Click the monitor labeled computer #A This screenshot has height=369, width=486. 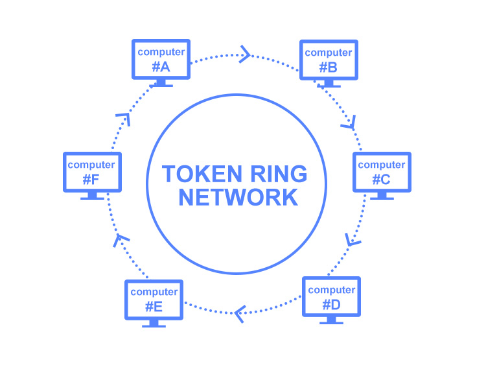click(161, 59)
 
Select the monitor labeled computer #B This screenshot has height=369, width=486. click(329, 60)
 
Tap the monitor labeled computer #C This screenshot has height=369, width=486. click(382, 172)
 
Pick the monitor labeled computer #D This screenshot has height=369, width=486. click(331, 296)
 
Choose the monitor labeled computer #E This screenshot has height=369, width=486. click(154, 299)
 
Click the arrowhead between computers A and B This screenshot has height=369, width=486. click(245, 54)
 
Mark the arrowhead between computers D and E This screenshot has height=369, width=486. click(240, 314)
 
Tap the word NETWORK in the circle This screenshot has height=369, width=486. click(238, 197)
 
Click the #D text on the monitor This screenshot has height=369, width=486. click(331, 303)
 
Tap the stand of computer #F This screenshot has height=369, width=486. click(91, 195)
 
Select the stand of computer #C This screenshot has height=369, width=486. click(382, 196)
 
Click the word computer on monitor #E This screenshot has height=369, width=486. click(154, 292)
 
